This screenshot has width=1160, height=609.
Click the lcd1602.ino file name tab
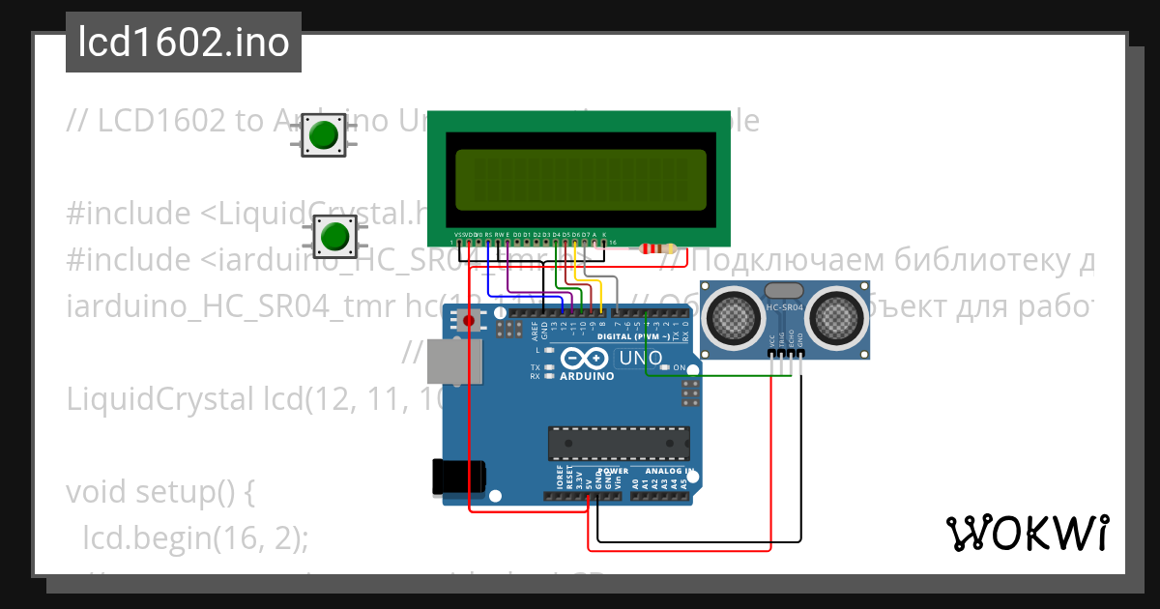183,43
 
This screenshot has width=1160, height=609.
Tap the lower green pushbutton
334,236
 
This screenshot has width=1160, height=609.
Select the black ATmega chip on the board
619,443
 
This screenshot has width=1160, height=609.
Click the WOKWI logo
1027,533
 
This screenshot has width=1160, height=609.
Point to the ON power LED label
680,368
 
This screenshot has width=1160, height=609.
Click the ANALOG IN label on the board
663,472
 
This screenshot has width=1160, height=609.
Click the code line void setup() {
159,492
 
